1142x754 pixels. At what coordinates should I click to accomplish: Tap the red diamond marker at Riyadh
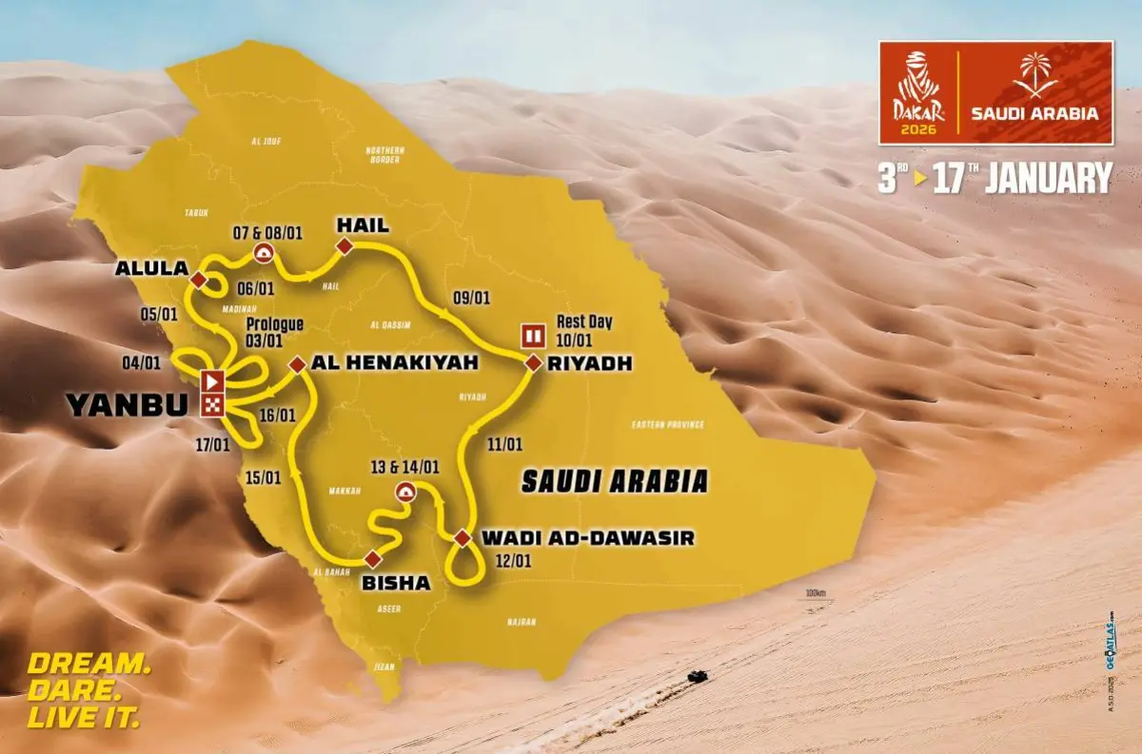coord(532,362)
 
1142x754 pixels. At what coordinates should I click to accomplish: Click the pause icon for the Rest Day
coord(532,335)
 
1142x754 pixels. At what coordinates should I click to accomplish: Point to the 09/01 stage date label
coord(472,298)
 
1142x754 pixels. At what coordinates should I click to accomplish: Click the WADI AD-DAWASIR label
coord(587,539)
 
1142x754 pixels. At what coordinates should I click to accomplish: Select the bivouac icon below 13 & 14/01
coord(405,492)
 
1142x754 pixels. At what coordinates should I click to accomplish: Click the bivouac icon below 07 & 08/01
coord(263,252)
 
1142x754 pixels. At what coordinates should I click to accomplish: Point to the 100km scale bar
coord(814,598)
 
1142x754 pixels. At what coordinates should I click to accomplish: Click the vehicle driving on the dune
coord(698,677)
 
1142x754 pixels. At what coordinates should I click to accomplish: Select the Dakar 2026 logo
coord(916,92)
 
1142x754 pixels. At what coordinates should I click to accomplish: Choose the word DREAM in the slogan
coord(88,664)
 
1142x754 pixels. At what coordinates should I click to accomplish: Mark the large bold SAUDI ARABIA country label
coord(615,481)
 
